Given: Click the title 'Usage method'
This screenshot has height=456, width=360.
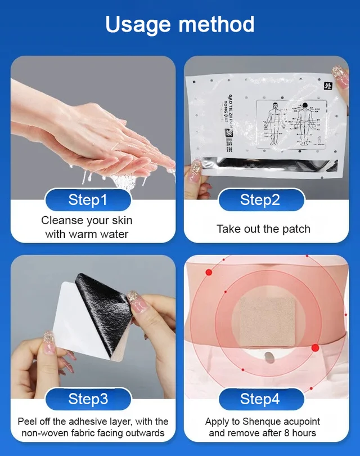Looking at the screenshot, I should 180,24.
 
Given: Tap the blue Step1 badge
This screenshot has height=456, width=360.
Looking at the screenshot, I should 88,200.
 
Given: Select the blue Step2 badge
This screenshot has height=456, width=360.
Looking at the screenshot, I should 260,200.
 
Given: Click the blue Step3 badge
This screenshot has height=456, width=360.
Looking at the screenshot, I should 88,399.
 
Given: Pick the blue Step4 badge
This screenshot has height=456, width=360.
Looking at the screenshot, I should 260,399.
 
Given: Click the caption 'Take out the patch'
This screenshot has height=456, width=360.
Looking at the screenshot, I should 263,229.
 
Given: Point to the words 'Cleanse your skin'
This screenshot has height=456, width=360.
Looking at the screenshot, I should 87,220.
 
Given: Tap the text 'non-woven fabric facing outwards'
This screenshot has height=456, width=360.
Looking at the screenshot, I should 93,433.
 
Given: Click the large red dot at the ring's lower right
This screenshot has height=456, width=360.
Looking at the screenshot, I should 315,347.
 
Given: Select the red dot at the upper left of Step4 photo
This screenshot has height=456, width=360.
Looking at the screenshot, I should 209,272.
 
